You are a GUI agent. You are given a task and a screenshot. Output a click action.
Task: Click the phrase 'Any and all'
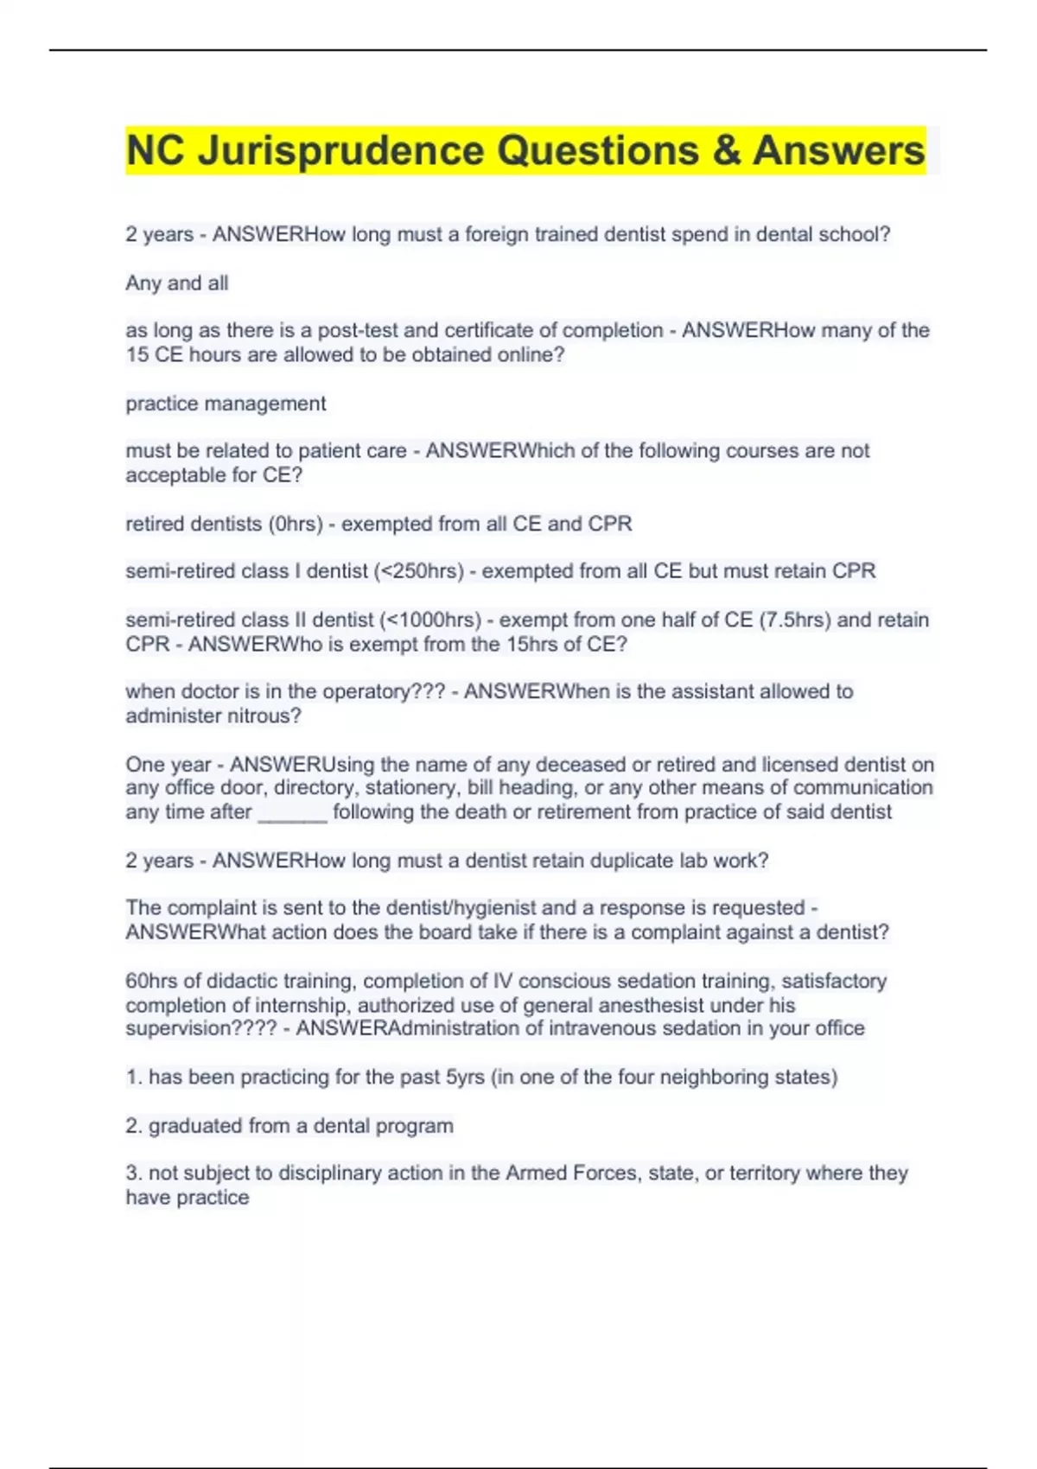[x=177, y=283]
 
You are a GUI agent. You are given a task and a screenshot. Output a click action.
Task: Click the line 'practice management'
[x=226, y=404]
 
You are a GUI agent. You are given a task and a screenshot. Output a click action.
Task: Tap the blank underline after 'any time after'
[x=292, y=812]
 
